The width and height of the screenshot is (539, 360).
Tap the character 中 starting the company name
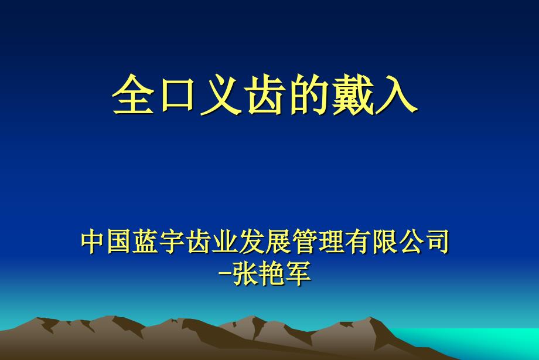pos(94,243)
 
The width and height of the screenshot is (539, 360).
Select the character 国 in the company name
pos(120,243)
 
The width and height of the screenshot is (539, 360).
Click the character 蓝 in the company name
pos(146,243)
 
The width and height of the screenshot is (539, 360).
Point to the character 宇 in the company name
pos(173,243)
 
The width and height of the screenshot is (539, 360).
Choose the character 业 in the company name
pos(226,243)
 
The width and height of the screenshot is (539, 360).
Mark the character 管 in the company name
pos(305,243)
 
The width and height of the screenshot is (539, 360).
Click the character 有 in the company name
pos(357,243)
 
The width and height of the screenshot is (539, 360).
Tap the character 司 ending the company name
pos(436,243)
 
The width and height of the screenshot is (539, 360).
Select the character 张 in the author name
pos(246,273)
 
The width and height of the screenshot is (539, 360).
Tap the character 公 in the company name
pos(410,243)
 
